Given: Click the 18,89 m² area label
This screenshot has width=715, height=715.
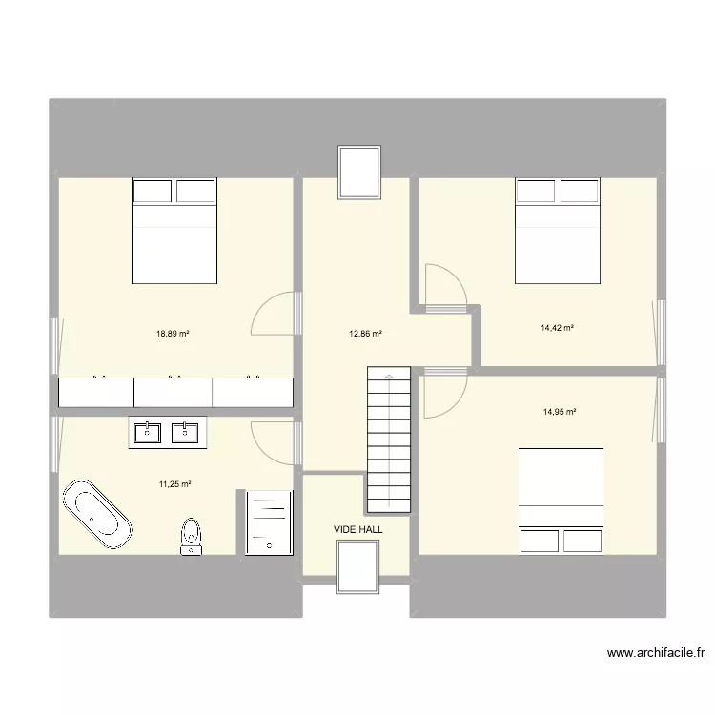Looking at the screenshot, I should (x=173, y=334).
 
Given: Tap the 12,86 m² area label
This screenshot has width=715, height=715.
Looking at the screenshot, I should (x=366, y=334).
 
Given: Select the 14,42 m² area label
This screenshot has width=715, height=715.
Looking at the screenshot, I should (x=557, y=328).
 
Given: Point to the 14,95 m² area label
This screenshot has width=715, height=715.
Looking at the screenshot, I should (x=560, y=412).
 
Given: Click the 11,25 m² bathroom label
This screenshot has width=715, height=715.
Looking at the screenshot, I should (x=175, y=484).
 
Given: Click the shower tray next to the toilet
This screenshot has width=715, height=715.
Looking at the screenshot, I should (x=268, y=521).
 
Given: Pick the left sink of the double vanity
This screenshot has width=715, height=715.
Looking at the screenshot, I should (x=148, y=433).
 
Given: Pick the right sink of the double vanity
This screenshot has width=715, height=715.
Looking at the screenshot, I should (x=185, y=433).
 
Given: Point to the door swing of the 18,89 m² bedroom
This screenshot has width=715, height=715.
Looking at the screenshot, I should (x=274, y=315).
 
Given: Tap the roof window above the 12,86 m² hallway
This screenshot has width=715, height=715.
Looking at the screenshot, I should (x=359, y=173).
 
